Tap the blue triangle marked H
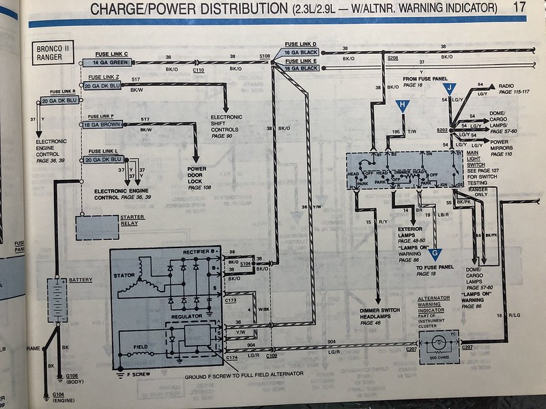403,105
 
